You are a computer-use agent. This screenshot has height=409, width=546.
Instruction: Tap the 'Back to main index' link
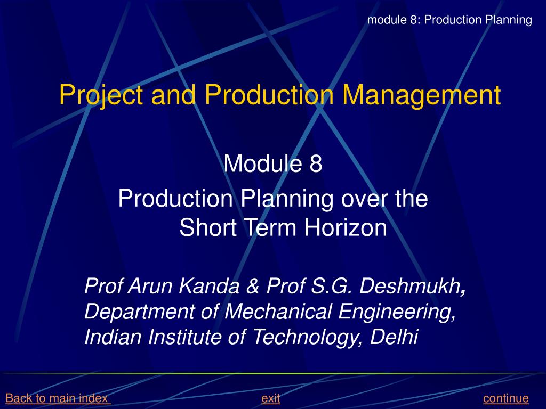[58, 398]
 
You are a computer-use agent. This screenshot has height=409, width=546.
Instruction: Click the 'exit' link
[271, 398]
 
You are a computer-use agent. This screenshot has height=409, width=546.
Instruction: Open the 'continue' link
[505, 398]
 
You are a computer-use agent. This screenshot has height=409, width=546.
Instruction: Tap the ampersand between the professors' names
[252, 287]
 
